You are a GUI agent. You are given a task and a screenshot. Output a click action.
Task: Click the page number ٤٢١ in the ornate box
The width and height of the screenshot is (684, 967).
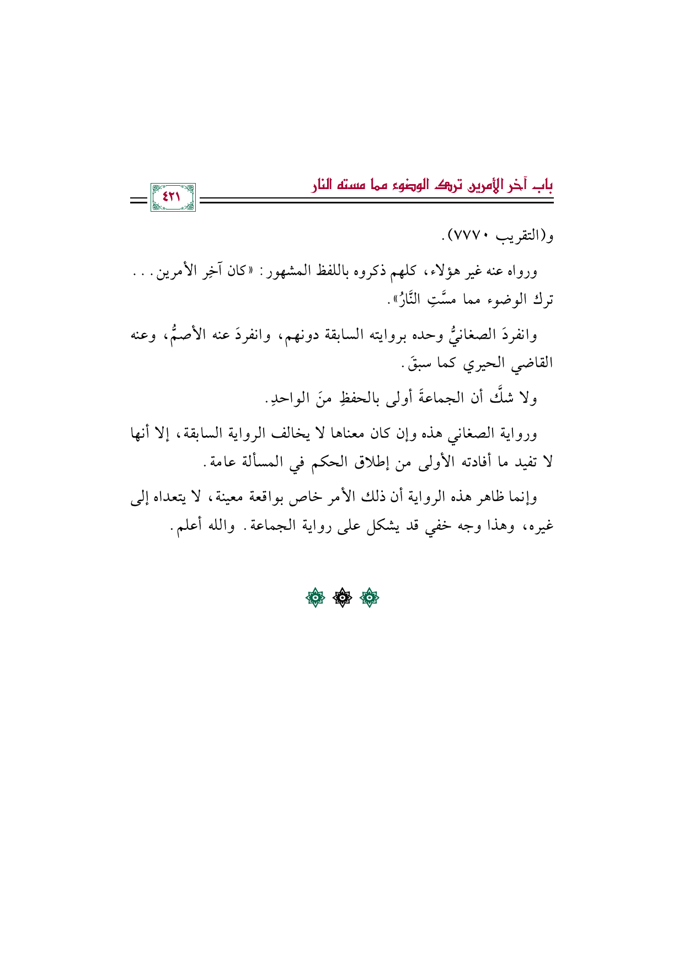click(x=173, y=197)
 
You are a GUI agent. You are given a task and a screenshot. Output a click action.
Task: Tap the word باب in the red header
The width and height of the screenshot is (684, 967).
click(x=544, y=184)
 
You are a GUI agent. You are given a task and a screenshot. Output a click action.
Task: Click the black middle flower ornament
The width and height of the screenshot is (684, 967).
click(x=342, y=598)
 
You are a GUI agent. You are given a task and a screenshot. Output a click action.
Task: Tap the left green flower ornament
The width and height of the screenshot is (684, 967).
click(x=315, y=598)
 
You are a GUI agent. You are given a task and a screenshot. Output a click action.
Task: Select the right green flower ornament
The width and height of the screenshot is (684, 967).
click(x=369, y=598)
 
